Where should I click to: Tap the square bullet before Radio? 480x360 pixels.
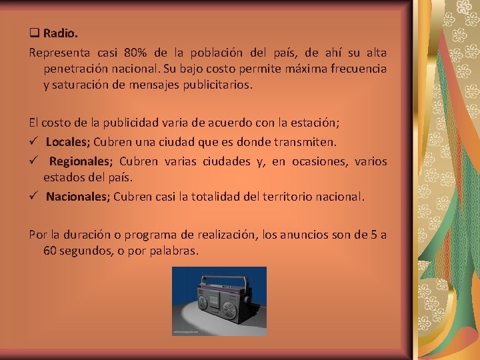point(33,32)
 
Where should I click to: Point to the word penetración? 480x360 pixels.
point(76,69)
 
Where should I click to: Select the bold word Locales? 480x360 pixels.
point(67,142)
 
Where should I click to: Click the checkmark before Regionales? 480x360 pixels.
point(34,161)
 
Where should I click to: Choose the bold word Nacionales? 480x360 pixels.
point(77,197)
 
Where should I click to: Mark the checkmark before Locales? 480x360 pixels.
point(34,142)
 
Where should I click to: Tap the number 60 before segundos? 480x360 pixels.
point(50,251)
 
